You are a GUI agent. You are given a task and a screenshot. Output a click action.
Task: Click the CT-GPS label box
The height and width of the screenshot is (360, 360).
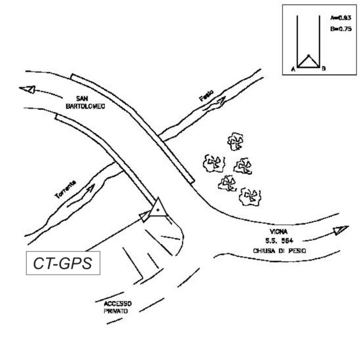tap(63, 263)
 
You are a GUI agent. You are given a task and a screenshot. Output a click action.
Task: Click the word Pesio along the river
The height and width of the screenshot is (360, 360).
tap(206, 96)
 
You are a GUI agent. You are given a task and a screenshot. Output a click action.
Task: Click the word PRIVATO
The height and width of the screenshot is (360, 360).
tap(115, 312)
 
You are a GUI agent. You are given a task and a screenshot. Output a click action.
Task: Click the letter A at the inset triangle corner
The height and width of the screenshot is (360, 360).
tap(292, 69)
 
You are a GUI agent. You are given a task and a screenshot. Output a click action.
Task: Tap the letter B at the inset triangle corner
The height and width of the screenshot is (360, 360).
tap(323, 69)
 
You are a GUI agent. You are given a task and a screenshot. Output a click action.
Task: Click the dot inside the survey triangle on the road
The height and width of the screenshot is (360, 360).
tap(158, 210)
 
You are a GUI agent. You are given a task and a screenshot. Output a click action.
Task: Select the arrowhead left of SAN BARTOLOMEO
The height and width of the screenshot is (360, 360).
tap(26, 89)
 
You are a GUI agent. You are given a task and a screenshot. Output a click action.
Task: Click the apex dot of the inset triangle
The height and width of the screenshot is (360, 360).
tap(308, 56)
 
